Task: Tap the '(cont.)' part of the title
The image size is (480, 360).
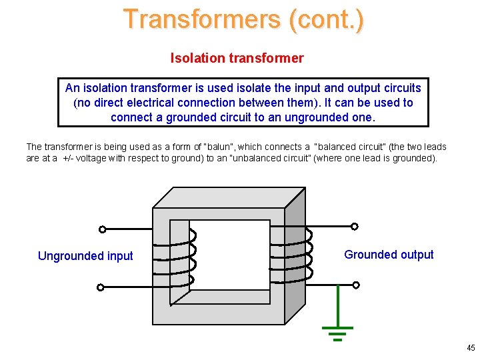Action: [327, 19]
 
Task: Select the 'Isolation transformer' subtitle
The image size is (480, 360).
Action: [237, 58]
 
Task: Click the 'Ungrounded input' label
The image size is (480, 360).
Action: [85, 256]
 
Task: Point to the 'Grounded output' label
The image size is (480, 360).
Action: [389, 255]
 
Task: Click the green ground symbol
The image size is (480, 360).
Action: [337, 332]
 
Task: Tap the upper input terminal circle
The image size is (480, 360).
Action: [102, 229]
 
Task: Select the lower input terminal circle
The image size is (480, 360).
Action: [100, 288]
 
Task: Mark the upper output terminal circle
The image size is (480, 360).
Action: [355, 227]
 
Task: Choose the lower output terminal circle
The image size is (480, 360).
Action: [356, 285]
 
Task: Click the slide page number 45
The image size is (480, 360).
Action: [471, 348]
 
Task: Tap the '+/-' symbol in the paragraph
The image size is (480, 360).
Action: [70, 159]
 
